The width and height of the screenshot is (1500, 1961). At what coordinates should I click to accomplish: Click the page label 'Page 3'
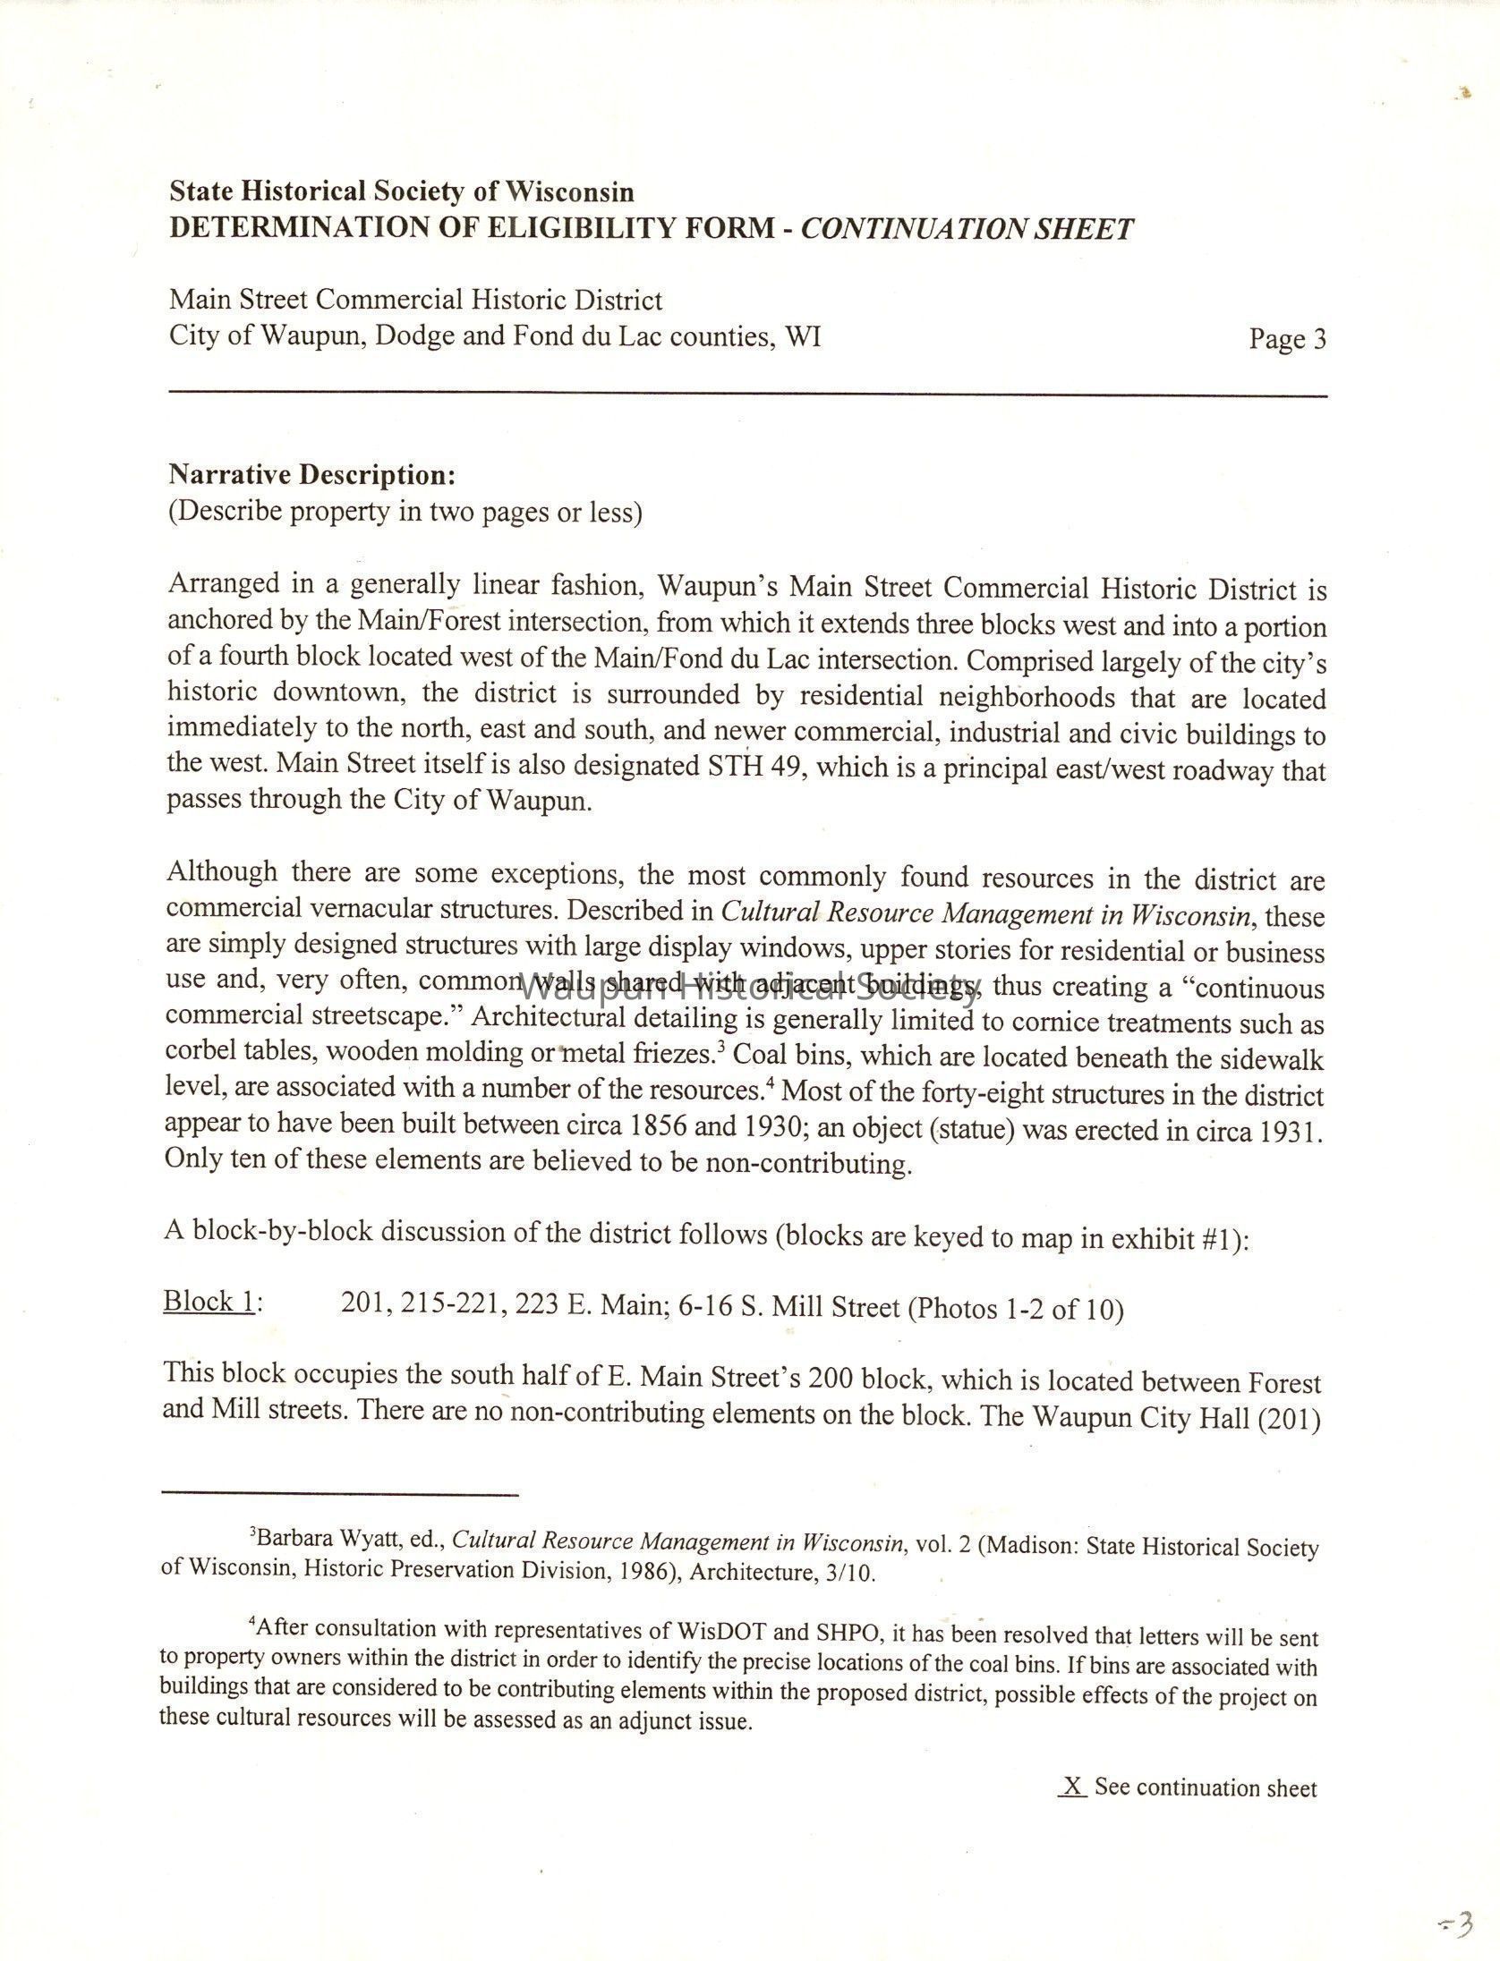(x=1287, y=340)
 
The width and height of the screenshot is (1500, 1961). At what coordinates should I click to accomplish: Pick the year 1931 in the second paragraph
(x=1287, y=1131)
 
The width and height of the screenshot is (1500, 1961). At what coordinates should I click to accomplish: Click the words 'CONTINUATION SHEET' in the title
(x=967, y=229)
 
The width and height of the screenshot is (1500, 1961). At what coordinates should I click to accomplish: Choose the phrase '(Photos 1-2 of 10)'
(x=1016, y=1309)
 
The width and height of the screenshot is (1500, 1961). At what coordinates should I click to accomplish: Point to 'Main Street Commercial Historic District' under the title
(x=416, y=300)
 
